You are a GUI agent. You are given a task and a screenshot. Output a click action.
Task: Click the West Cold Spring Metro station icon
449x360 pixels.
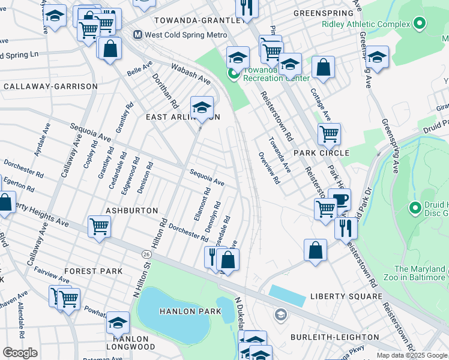tap(137, 35)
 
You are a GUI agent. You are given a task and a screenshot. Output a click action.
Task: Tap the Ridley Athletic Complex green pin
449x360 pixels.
tap(420, 24)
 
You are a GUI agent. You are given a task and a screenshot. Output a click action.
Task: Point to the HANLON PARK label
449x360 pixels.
tap(190, 311)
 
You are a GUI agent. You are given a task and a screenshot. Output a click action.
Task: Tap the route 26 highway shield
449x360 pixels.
tap(146, 255)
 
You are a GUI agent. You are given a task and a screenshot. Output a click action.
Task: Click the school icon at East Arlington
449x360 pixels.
tap(202, 107)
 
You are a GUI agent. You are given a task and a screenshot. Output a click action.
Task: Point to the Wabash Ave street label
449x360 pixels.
tap(191, 72)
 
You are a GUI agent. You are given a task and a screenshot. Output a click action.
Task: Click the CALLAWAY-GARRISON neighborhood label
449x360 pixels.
tap(50, 86)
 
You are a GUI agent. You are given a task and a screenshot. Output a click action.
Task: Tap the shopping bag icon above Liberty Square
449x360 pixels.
tap(315, 250)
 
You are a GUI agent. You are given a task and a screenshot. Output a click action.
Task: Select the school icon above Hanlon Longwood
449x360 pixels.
tap(118, 322)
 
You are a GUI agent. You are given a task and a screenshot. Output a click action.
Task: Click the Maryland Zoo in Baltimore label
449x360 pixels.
tap(420, 274)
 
